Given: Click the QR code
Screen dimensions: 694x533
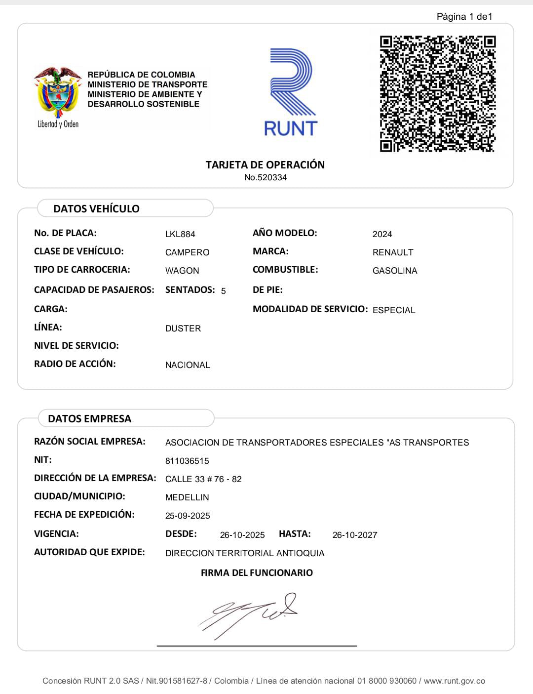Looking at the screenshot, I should pyautogui.click(x=437, y=93).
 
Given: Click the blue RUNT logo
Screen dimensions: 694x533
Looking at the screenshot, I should pyautogui.click(x=291, y=92).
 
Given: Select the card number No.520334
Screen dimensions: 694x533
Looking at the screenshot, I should pyautogui.click(x=266, y=178).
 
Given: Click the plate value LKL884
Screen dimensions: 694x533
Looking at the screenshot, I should pyautogui.click(x=180, y=234).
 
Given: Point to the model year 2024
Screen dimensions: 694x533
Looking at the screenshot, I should pyautogui.click(x=382, y=234).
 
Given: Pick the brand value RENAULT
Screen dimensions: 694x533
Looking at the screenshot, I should pyautogui.click(x=393, y=252).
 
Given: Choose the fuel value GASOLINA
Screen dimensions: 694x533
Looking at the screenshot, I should pyautogui.click(x=395, y=271).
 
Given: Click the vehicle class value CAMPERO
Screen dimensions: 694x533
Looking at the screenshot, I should pyautogui.click(x=187, y=252).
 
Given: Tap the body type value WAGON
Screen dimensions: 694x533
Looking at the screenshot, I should pyautogui.click(x=182, y=271).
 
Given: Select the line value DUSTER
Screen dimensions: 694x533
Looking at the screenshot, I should pyautogui.click(x=183, y=328).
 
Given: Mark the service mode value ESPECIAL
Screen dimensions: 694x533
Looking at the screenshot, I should pyautogui.click(x=394, y=310).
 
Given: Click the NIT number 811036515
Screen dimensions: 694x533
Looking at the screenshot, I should pyautogui.click(x=187, y=461).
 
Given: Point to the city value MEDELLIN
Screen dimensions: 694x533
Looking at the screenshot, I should pyautogui.click(x=187, y=497).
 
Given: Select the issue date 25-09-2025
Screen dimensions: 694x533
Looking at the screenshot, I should pyautogui.click(x=188, y=516).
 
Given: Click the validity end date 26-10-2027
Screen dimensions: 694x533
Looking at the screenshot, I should pyautogui.click(x=355, y=535).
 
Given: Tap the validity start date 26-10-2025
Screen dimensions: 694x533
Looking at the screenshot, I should pyautogui.click(x=242, y=535).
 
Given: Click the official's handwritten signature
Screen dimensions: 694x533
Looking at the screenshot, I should pyautogui.click(x=249, y=614).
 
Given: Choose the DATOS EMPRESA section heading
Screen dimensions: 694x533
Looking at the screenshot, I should pyautogui.click(x=90, y=419).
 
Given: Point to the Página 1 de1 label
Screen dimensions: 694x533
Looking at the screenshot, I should pyautogui.click(x=464, y=17).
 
